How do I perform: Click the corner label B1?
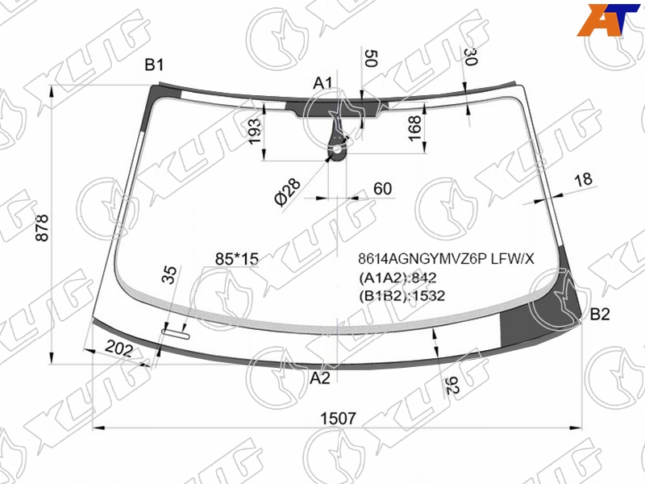coord(154,65)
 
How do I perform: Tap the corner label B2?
coord(600,315)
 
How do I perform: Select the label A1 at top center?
coord(322,83)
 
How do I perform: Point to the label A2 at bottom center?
coord(320,378)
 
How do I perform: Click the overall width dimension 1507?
coord(338,419)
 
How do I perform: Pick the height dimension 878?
coord(43,227)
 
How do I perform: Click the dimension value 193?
coord(255,131)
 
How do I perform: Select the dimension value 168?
coord(414,128)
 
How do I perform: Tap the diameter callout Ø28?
coord(288,192)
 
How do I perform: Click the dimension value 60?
coord(382,189)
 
